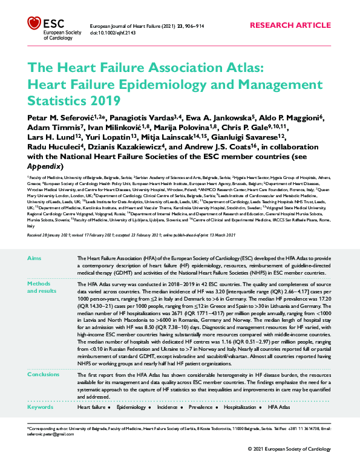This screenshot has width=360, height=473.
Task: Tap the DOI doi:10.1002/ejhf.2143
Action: pos(113,33)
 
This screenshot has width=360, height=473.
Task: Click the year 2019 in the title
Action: pos(107,99)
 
